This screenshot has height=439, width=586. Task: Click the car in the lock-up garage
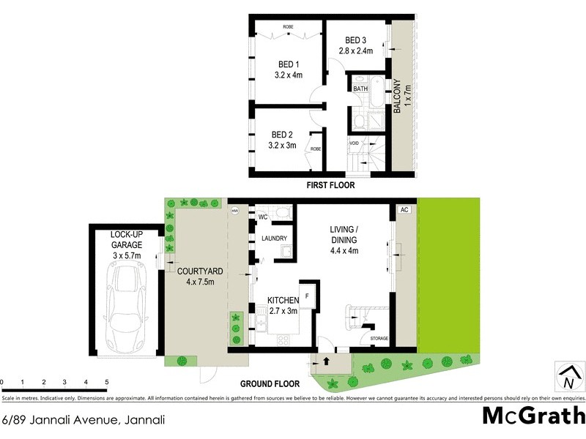tap(127, 307)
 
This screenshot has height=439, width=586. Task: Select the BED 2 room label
tap(282, 140)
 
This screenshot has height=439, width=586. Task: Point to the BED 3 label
tap(356, 45)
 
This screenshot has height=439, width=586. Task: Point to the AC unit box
tap(402, 210)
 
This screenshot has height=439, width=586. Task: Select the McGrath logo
tap(533, 415)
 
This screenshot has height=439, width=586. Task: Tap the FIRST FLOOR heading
tap(332, 187)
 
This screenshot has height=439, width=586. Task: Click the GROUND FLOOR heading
tap(270, 383)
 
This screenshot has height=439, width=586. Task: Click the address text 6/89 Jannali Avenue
tap(82, 420)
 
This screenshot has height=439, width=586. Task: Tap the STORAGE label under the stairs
tap(379, 339)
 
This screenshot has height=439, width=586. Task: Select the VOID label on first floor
tap(354, 143)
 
